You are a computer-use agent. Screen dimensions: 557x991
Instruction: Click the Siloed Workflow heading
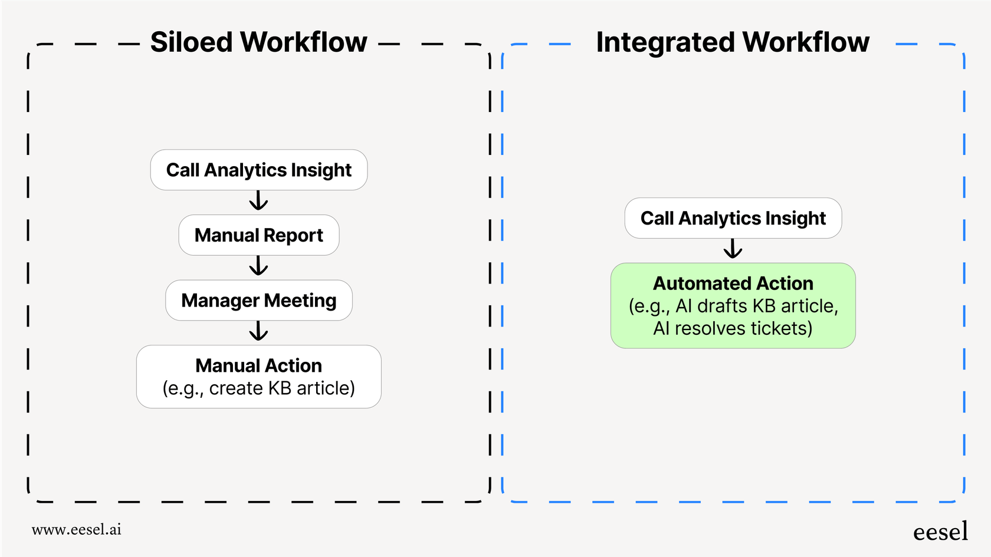click(258, 42)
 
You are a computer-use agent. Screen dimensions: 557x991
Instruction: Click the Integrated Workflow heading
click(732, 42)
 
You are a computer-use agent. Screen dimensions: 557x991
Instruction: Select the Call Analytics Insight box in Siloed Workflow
click(258, 170)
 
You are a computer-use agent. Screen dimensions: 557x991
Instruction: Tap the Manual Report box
click(258, 235)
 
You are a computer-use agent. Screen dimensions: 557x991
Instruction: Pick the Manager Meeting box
click(258, 301)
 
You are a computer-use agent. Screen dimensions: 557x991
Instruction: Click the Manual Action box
click(258, 377)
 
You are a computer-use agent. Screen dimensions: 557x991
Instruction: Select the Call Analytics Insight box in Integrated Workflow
click(733, 218)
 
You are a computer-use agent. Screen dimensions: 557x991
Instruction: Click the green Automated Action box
click(733, 306)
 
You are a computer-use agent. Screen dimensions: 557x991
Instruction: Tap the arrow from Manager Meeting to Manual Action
click(258, 332)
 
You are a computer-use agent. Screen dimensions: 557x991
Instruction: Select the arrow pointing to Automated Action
click(733, 249)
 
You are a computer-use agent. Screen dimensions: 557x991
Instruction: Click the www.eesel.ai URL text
click(77, 529)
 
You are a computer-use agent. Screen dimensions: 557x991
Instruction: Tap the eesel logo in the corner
click(940, 532)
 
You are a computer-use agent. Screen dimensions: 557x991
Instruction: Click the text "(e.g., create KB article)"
click(258, 388)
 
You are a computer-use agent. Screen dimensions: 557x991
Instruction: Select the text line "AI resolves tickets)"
click(733, 328)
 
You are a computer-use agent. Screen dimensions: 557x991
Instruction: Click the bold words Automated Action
click(733, 284)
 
